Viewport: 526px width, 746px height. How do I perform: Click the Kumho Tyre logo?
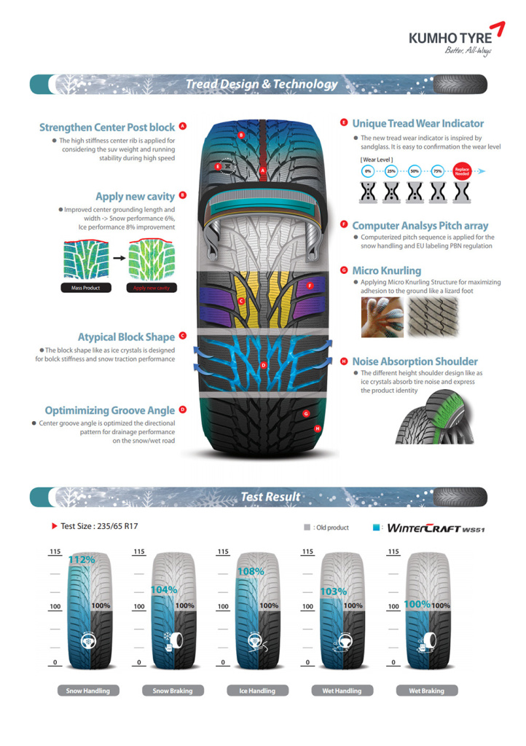point(455,39)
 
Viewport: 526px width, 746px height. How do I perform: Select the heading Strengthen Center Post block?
point(107,127)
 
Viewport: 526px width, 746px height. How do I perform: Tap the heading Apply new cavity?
point(136,196)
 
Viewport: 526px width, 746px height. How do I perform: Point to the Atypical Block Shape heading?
point(127,337)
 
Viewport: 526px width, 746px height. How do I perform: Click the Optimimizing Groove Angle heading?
point(110,410)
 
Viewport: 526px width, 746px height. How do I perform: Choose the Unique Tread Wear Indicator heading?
point(417,124)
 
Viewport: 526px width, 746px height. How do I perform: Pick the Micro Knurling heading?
point(386,271)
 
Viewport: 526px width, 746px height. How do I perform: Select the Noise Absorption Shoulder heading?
point(415,361)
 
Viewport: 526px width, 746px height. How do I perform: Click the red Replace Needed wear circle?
point(461,171)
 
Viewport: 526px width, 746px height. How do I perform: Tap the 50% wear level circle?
point(415,171)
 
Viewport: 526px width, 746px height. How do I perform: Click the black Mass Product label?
point(85,288)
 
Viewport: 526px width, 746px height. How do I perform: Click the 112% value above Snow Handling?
point(82,560)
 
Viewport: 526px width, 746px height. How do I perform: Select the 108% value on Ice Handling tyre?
point(251,572)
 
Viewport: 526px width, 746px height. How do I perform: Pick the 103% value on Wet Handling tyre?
point(334,592)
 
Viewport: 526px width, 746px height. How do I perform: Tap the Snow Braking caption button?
point(172,691)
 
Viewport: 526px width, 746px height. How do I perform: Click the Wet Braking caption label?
point(426,691)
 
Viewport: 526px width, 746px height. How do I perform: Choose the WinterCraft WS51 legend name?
point(436,527)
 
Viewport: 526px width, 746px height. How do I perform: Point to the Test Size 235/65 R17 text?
point(96,526)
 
